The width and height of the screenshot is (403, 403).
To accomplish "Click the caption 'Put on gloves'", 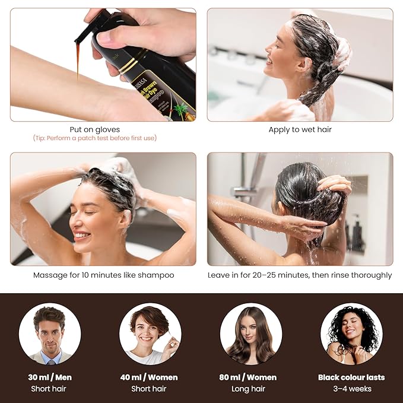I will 95,129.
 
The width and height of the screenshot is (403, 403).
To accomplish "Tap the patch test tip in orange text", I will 95,138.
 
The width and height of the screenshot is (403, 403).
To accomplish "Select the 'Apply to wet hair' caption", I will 300,129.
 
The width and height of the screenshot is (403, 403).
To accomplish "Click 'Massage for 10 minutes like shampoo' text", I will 103,275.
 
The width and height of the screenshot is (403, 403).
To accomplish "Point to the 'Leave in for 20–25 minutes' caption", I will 300,275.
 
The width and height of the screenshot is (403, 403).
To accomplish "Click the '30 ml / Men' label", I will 49,377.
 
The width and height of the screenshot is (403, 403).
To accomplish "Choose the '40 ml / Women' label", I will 149,377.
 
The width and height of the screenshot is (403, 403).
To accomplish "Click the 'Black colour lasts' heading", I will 351,377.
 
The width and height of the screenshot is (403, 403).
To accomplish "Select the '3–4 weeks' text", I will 351,389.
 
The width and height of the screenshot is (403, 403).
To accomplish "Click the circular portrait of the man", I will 49,334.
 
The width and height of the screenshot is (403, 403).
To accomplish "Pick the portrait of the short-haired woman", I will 150,334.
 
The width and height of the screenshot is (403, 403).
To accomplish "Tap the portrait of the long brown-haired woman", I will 250,334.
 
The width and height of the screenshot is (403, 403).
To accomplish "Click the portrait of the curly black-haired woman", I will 351,334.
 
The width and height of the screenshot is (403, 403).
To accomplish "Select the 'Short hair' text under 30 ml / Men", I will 49,389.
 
